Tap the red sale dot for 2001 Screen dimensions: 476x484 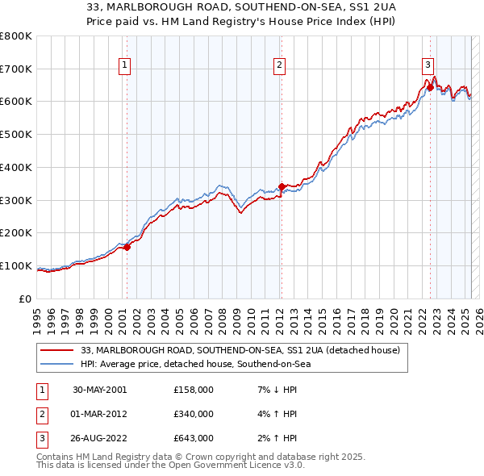pyautogui.click(x=127, y=247)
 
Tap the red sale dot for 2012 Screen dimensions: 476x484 pyautogui.click(x=282, y=186)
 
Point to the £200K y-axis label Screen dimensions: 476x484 pyautogui.click(x=16, y=233)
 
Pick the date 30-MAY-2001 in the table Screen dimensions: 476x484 pyautogui.click(x=99, y=390)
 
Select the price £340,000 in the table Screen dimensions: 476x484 pyautogui.click(x=194, y=414)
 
